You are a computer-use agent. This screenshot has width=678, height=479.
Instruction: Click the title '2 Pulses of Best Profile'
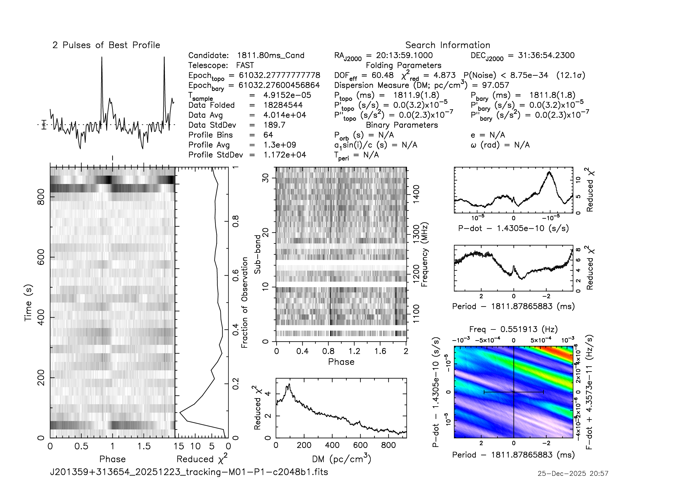[106, 45]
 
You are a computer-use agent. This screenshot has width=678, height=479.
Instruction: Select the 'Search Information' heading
[447, 45]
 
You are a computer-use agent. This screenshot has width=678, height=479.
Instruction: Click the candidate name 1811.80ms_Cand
[270, 55]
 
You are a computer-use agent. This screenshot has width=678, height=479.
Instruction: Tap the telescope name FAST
[245, 65]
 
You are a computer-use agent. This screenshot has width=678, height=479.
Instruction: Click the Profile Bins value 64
[268, 135]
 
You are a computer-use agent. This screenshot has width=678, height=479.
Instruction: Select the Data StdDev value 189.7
[274, 125]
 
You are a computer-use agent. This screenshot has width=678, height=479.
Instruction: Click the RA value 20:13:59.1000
[404, 55]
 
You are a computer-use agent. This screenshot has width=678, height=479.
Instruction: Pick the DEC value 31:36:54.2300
[546, 55]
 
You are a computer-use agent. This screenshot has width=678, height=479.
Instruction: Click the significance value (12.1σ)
[570, 75]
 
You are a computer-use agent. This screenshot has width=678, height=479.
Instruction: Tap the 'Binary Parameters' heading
[401, 125]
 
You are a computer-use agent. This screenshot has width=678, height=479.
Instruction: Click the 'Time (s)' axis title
[28, 303]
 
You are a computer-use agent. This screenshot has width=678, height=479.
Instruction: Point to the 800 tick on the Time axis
[41, 196]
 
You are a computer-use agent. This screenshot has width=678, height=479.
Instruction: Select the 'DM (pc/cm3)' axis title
[341, 459]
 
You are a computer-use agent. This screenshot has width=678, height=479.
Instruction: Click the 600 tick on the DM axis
[360, 445]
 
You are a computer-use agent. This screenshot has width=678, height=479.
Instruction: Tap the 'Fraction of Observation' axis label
[245, 303]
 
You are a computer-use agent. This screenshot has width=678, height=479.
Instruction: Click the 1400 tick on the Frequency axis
[416, 194]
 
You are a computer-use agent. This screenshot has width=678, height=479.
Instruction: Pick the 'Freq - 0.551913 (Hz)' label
[513, 329]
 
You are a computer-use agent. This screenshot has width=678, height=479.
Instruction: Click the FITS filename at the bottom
[189, 472]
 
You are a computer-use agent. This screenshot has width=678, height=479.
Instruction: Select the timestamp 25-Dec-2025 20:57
[572, 473]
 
